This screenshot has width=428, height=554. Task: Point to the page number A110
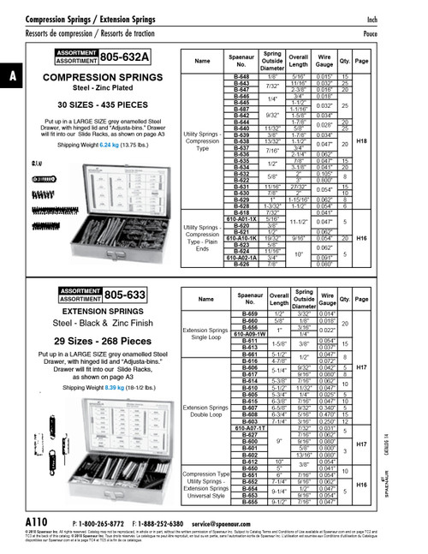[x=38, y=521]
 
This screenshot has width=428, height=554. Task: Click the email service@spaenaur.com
[x=230, y=521]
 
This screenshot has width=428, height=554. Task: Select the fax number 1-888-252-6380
[x=169, y=521]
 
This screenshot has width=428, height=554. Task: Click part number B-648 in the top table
[x=241, y=77]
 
